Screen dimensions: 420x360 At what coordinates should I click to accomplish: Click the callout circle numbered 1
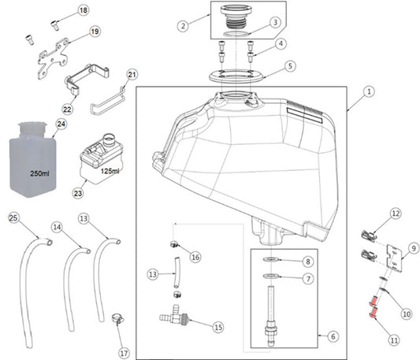click(369, 92)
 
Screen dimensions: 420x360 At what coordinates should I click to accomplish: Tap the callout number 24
click(61, 124)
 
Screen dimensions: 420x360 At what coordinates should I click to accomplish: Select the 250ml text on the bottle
click(39, 173)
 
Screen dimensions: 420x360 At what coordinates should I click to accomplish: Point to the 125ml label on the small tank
click(110, 171)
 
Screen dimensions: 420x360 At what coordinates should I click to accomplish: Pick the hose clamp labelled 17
click(117, 318)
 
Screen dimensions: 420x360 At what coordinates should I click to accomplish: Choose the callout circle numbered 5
click(290, 66)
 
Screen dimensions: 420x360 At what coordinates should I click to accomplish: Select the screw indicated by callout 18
click(55, 25)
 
